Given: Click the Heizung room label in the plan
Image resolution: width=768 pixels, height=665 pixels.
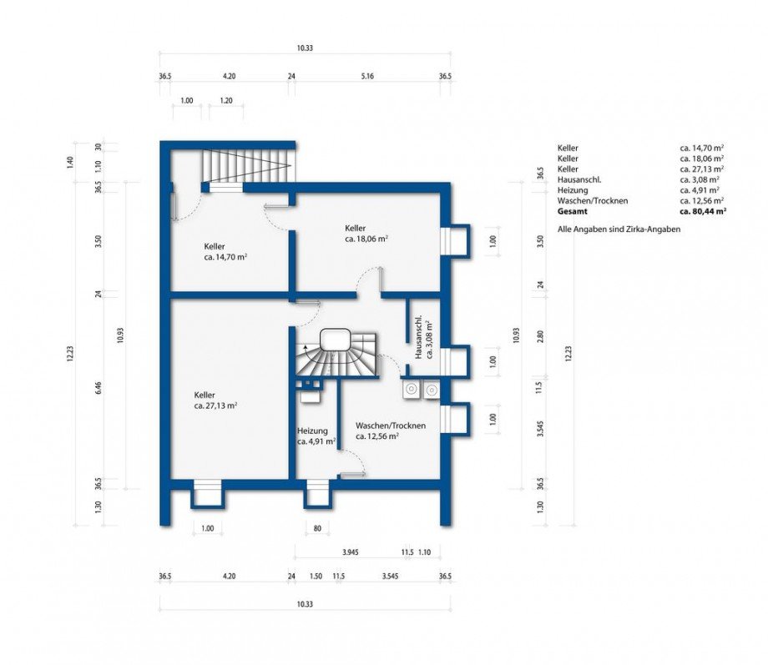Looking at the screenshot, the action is pyautogui.click(x=312, y=431).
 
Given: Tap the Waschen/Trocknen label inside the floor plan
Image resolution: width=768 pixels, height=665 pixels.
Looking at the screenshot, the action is pyautogui.click(x=391, y=426).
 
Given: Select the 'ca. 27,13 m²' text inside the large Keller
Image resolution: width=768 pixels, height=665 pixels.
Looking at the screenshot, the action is pyautogui.click(x=215, y=406).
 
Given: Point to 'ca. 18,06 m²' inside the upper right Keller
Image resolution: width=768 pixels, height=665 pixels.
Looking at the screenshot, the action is pyautogui.click(x=366, y=239).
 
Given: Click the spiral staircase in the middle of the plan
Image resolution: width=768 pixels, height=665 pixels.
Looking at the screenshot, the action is pyautogui.click(x=336, y=355).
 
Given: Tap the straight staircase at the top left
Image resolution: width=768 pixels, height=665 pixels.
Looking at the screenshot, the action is pyautogui.click(x=249, y=165).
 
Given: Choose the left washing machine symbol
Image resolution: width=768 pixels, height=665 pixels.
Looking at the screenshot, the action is pyautogui.click(x=411, y=390).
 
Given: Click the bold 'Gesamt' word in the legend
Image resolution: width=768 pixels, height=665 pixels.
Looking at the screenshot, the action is pyautogui.click(x=572, y=212).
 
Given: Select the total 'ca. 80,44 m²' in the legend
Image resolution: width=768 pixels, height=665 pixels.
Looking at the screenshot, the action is pyautogui.click(x=703, y=212).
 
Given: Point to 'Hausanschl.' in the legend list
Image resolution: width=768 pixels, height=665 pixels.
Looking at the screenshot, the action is pyautogui.click(x=579, y=179).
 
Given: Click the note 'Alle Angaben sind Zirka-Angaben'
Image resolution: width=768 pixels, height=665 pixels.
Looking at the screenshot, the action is pyautogui.click(x=619, y=229).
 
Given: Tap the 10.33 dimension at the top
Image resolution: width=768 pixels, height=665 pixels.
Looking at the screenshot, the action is pyautogui.click(x=305, y=48).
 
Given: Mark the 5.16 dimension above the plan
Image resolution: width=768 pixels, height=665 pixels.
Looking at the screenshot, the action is pyautogui.click(x=367, y=77).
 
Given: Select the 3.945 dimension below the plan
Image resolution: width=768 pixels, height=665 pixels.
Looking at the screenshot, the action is pyautogui.click(x=351, y=552).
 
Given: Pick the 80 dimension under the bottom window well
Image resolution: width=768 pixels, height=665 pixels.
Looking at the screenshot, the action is pyautogui.click(x=317, y=528).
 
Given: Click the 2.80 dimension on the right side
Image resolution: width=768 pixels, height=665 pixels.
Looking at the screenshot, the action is pyautogui.click(x=540, y=336).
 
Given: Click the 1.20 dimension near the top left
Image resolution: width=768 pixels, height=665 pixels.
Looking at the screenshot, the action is pyautogui.click(x=225, y=101).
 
